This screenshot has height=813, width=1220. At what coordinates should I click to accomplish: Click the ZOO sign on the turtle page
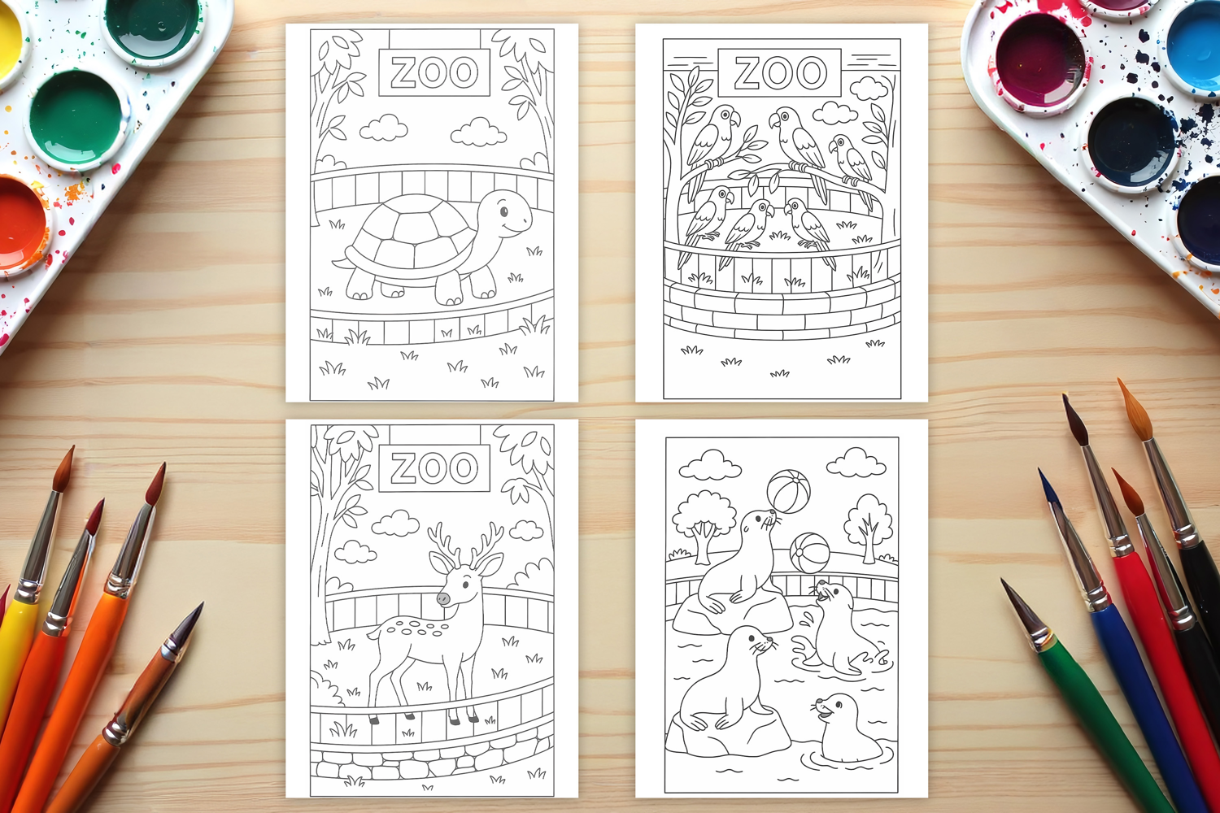(434, 72)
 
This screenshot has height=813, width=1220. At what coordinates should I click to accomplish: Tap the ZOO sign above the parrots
(779, 72)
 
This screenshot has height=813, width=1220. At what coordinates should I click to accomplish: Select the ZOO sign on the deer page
(434, 468)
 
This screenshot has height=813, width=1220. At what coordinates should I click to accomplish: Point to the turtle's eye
(503, 211)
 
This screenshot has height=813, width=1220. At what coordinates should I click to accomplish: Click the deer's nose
(443, 598)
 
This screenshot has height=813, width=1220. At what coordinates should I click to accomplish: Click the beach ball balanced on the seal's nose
(788, 492)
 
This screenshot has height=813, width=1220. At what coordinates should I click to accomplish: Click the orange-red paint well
(20, 224)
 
